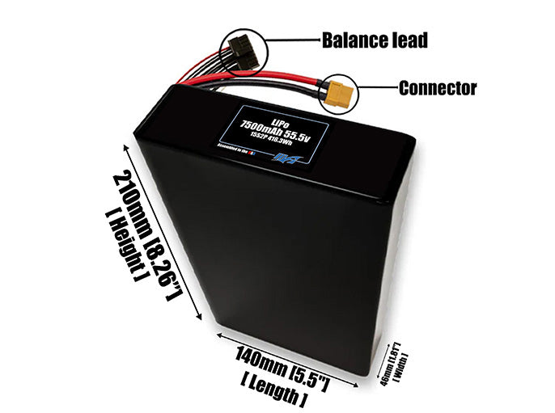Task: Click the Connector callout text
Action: [437, 88]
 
